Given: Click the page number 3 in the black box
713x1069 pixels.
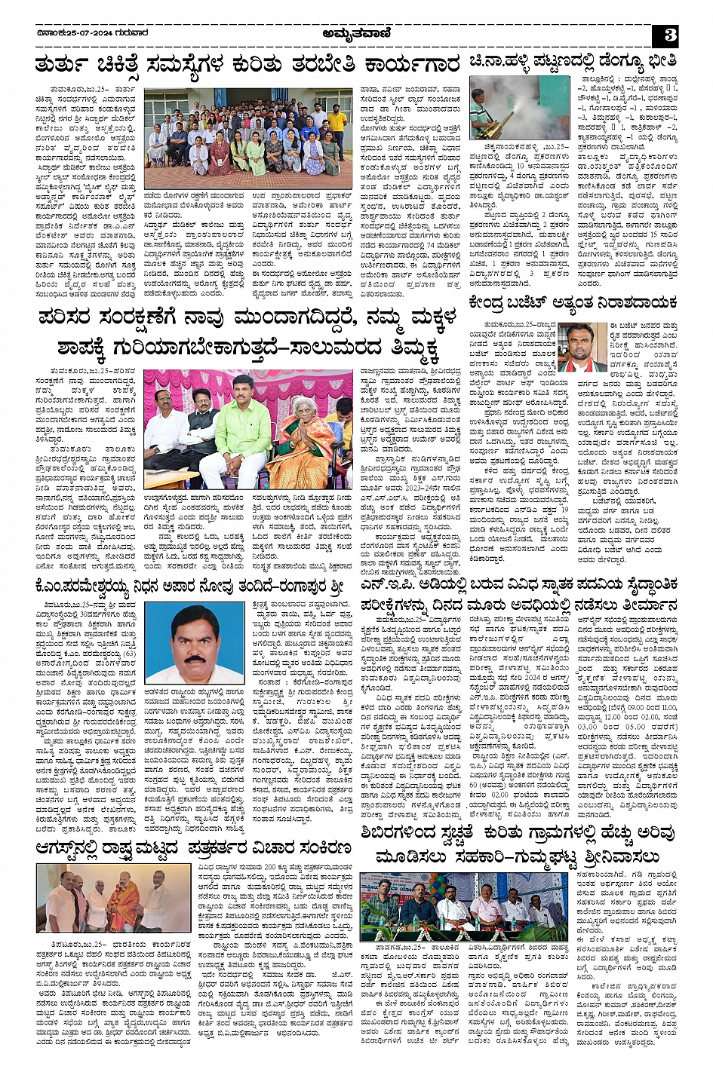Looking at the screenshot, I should coord(670,35).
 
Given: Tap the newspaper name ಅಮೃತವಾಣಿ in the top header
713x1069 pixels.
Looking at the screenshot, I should coord(356,33).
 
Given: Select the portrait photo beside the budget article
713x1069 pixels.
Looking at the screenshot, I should coord(579,347).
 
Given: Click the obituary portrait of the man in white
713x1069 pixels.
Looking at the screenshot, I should coord(195,642).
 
